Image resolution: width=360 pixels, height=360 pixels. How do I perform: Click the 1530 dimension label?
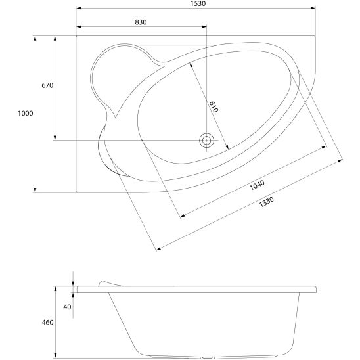click(198, 3)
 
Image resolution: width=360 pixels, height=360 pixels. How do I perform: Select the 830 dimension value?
click(141, 22)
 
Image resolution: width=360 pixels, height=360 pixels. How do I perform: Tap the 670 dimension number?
click(47, 85)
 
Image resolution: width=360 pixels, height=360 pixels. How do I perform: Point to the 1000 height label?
click(26, 113)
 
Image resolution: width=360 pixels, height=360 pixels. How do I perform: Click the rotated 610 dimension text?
click(214, 107)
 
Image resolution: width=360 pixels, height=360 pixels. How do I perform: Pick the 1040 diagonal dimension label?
click(257, 185)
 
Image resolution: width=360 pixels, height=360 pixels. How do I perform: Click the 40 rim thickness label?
click(67, 307)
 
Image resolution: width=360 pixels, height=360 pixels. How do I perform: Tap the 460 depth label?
click(47, 323)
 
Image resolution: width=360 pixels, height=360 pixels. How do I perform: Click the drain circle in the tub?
click(207, 140)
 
